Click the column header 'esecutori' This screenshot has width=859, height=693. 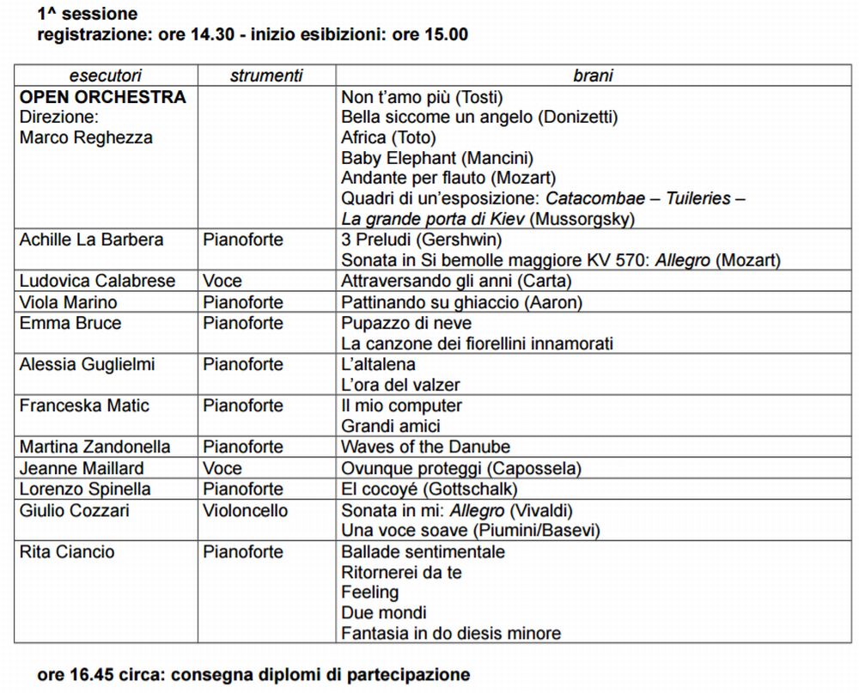point(106,76)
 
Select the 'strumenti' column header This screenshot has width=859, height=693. point(266,76)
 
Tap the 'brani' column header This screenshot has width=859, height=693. point(593,76)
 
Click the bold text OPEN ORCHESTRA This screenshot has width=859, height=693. point(102,97)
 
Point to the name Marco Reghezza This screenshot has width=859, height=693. point(85,137)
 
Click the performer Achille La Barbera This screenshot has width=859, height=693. point(91,240)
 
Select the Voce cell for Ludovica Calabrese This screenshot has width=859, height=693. point(222,281)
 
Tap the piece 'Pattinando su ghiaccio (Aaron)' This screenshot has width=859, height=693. point(461,302)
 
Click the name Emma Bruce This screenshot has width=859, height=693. point(70,323)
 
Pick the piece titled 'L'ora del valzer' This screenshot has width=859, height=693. point(400,385)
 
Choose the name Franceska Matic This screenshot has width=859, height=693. point(84,405)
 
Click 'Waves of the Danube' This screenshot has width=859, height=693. point(425,447)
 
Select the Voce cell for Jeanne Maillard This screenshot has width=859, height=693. point(222,468)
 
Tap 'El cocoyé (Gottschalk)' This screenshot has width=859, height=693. point(429,489)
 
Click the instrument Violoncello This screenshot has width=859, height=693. point(246,510)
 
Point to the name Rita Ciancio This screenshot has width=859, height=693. point(67,551)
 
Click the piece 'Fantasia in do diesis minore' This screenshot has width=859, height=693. point(451,634)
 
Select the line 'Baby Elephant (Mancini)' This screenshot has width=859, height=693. point(437,158)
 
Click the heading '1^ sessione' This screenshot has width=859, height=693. point(88,15)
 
